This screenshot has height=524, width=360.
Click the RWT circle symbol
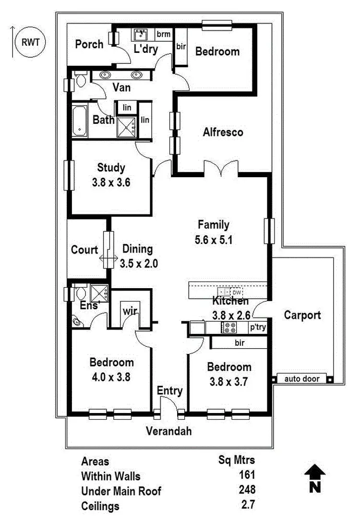point(31,42)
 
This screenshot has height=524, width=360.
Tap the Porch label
point(89,44)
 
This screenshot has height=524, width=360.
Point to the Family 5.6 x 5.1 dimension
point(214,240)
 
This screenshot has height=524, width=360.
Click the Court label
point(84,250)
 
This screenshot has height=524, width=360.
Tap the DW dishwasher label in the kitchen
point(237,292)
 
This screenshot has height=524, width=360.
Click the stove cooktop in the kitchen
point(228,328)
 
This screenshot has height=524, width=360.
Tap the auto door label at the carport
point(301,379)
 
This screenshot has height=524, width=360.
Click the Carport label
point(302,315)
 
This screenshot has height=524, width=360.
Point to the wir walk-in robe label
point(130,311)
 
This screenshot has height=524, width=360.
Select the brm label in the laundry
point(163,34)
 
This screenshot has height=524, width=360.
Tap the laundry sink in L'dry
point(141,35)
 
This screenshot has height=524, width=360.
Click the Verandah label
point(169,431)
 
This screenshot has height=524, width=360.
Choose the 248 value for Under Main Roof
point(247,490)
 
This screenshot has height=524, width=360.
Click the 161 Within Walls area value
point(247,475)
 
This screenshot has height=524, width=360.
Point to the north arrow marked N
point(315,478)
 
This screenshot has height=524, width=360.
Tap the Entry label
point(170,391)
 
